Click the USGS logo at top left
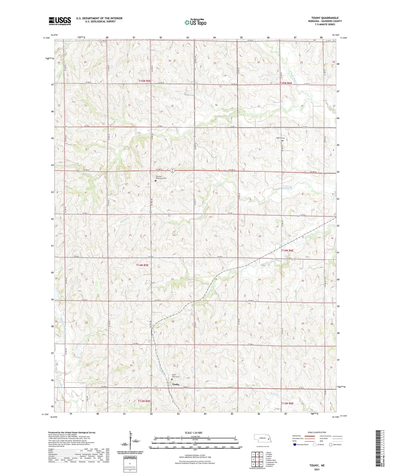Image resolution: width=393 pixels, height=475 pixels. tap(60, 21)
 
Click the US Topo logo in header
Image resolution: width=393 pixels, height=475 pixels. tap(195, 23)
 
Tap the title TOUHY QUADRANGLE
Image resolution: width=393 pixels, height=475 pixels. tap(325, 18)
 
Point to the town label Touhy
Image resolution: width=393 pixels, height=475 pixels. tap(176, 384)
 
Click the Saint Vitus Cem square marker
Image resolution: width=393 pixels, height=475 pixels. tap(172, 379)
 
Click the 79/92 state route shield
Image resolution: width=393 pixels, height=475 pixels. tap(172, 171)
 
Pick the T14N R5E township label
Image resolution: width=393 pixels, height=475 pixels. tap(142, 265)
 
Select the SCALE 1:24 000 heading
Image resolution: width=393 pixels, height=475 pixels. tap(195, 433)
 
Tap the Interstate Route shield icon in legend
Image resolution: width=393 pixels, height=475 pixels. tap(294, 445)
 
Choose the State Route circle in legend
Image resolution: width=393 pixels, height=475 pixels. tap(331, 445)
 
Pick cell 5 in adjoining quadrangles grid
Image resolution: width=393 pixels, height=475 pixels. tap(261, 459)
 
